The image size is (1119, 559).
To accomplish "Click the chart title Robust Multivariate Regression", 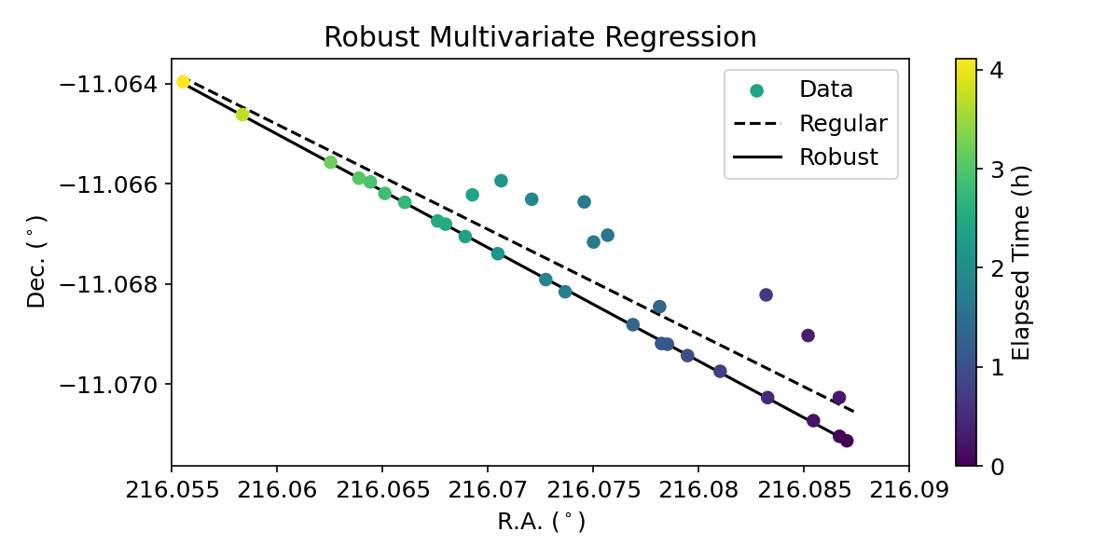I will [x=540, y=37].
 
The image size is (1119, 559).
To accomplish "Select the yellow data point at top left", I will [x=183, y=82].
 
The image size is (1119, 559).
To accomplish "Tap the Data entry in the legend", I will [x=825, y=90].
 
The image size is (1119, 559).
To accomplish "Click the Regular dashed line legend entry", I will [x=843, y=124].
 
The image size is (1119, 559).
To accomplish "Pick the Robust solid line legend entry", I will [x=838, y=157].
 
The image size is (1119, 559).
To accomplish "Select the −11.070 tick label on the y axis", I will [x=110, y=384].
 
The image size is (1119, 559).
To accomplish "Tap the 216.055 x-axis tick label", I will [x=172, y=490].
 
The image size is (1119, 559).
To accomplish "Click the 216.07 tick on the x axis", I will [x=487, y=490].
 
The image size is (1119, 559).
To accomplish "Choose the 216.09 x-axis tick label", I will [x=909, y=490].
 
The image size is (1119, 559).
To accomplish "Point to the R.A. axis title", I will [x=541, y=522].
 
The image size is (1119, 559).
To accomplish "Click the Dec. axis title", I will [x=36, y=264].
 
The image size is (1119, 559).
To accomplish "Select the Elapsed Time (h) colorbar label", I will [x=1021, y=264].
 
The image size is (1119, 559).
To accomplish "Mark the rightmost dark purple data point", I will [x=847, y=441].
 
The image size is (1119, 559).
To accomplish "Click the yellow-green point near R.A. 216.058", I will [x=242, y=115].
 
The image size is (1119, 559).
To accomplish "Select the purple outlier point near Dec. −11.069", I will [x=808, y=335].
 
